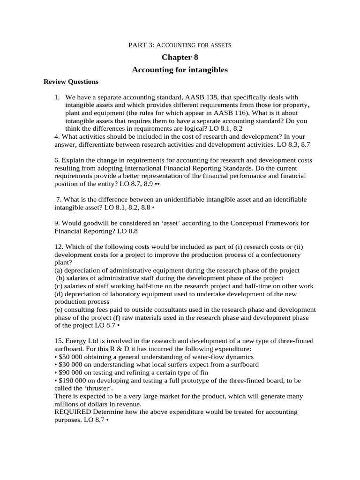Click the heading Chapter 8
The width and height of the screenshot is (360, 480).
[180, 57]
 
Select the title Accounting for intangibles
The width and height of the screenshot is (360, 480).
[180, 69]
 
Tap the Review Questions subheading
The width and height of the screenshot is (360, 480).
[71, 82]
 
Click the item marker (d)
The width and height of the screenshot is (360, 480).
[59, 294]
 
